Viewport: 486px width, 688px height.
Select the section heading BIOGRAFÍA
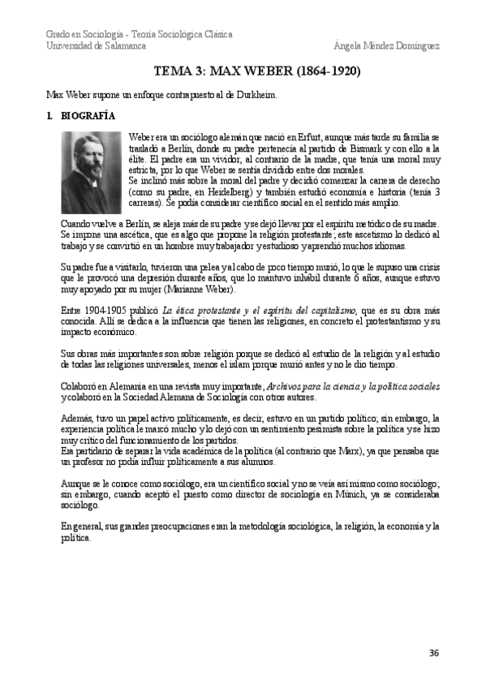(x=88, y=116)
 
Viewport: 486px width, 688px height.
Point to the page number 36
(x=434, y=653)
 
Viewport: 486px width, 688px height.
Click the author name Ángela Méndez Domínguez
(x=387, y=45)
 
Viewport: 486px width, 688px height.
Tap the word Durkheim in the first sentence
(x=259, y=94)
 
